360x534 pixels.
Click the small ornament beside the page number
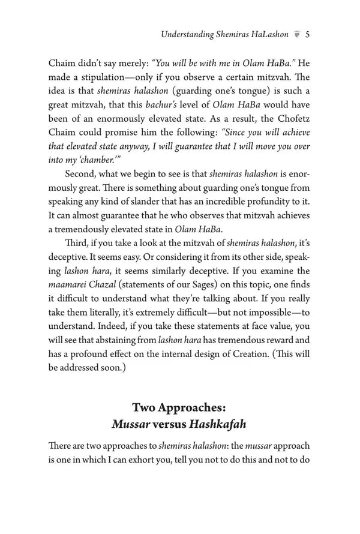(296, 35)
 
